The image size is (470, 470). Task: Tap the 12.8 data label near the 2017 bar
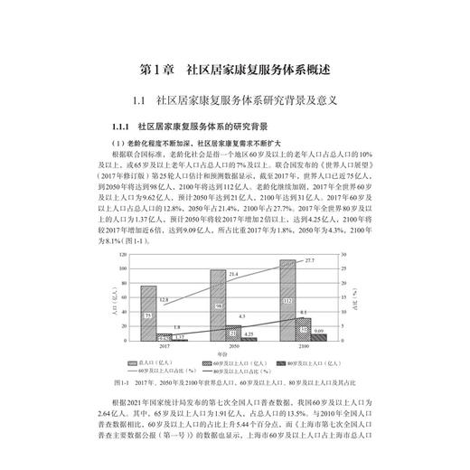pos(164,298)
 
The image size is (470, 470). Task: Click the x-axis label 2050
pos(232,348)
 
